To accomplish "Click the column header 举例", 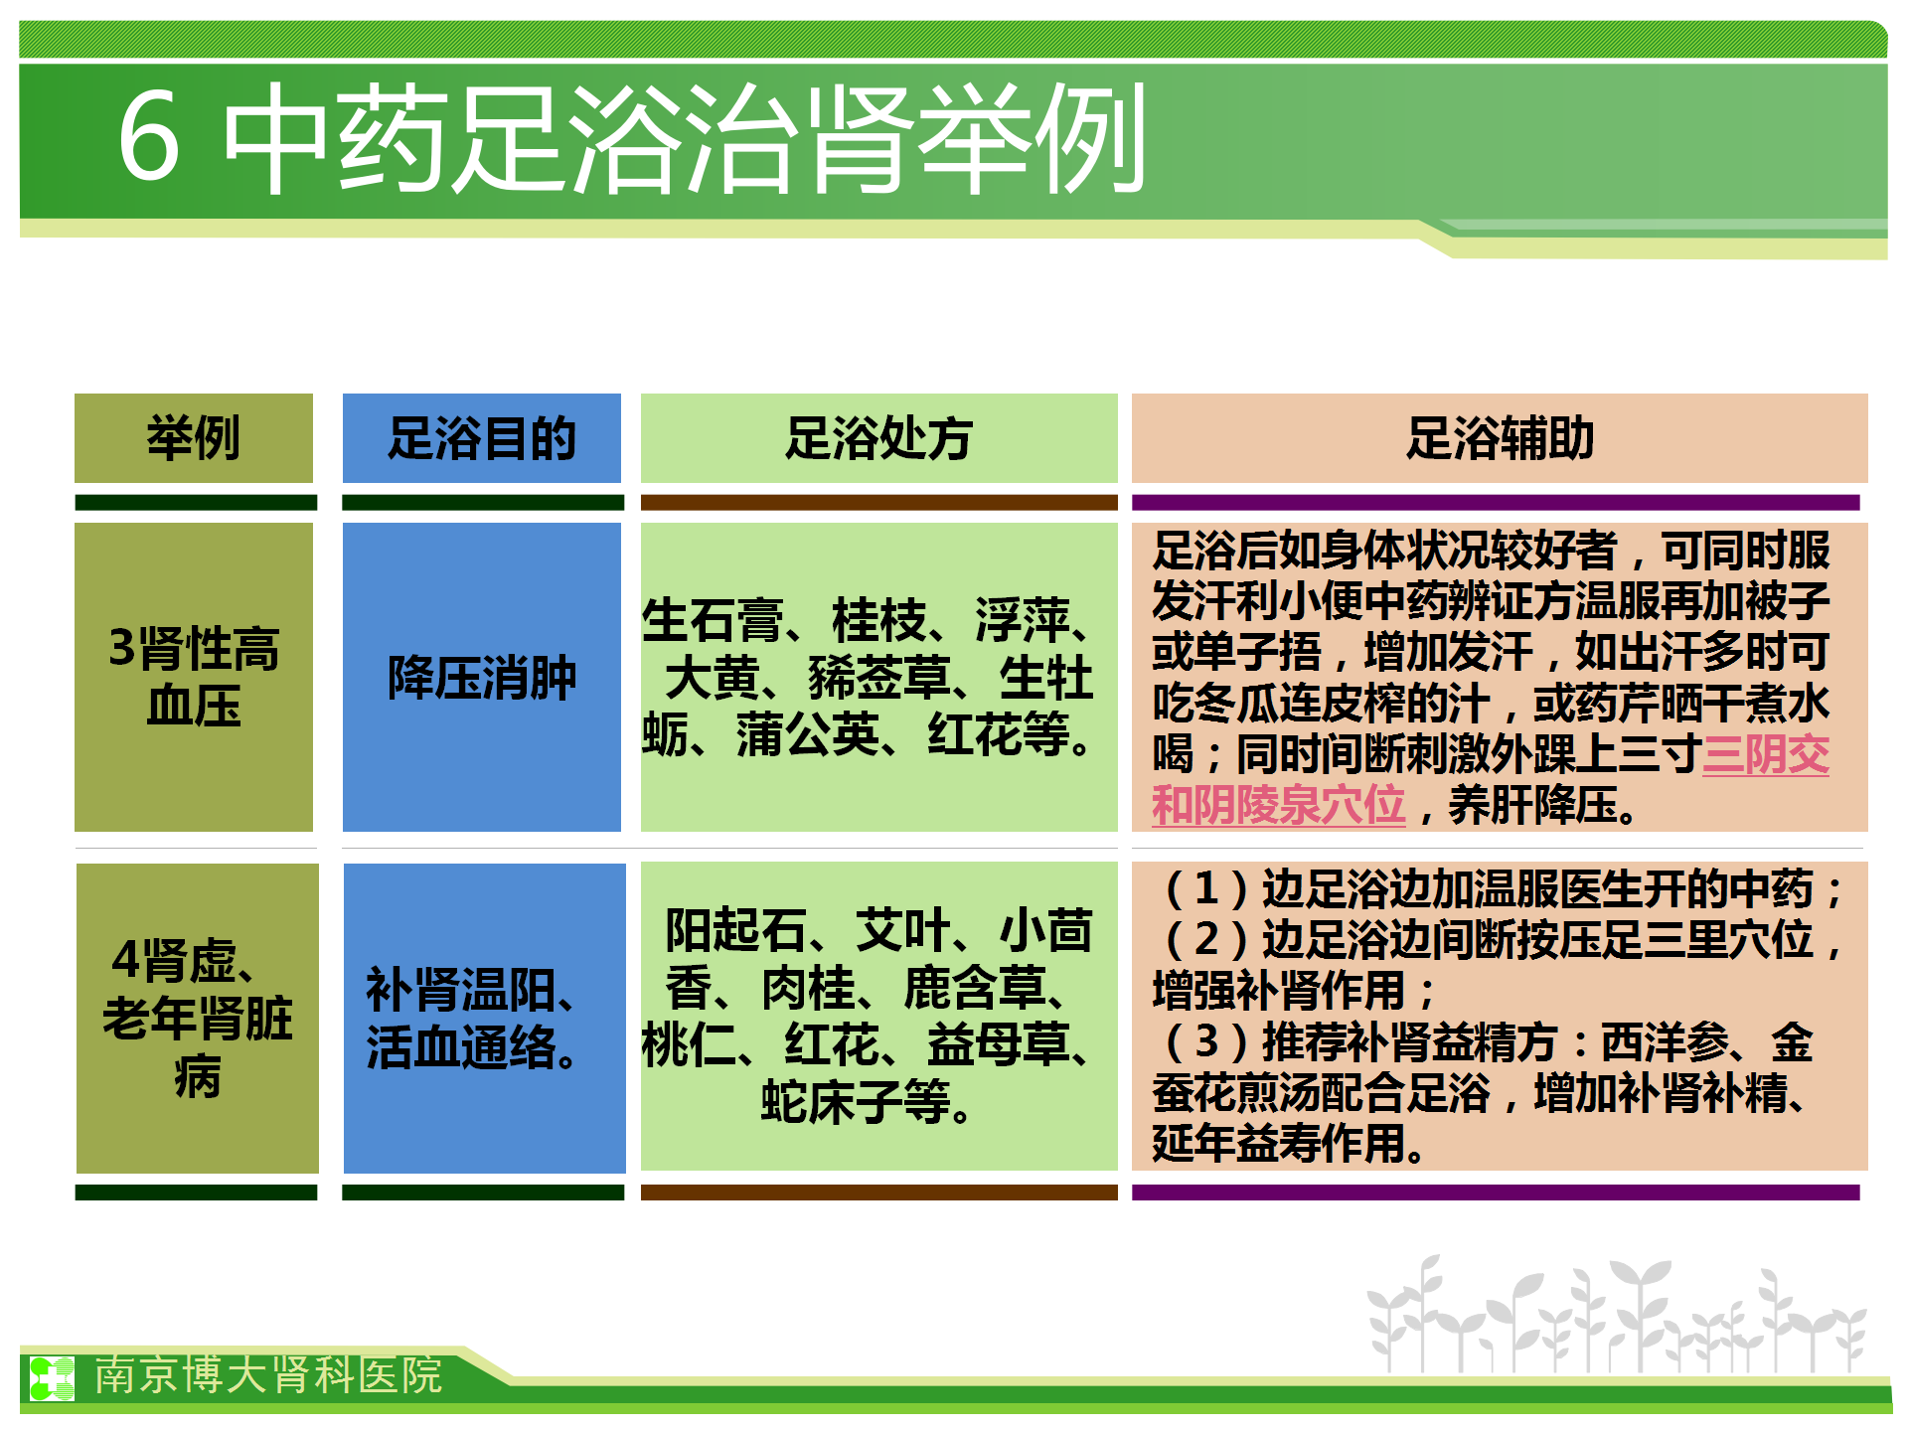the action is (x=194, y=438).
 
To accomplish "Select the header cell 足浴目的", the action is (x=482, y=438).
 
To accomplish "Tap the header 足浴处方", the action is (x=879, y=438).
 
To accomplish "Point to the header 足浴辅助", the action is (x=1500, y=438).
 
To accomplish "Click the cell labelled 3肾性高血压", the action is (x=194, y=677).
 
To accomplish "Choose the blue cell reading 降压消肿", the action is (x=482, y=677).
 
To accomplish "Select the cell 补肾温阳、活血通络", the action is (x=485, y=1018).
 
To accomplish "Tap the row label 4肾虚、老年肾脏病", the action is (x=198, y=1018).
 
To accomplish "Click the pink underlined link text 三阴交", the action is (x=1766, y=754).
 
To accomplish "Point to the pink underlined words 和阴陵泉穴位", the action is (x=1279, y=805).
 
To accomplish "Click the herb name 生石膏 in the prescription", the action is (x=713, y=620).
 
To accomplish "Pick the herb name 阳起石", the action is (x=736, y=930).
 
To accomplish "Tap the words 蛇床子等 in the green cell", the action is (x=856, y=1102).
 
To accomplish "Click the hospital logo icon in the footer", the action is (x=52, y=1378).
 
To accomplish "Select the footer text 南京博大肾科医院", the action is (x=268, y=1375).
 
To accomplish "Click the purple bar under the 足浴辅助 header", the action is (x=1496, y=503).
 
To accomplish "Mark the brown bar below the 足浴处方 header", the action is (x=879, y=503).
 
